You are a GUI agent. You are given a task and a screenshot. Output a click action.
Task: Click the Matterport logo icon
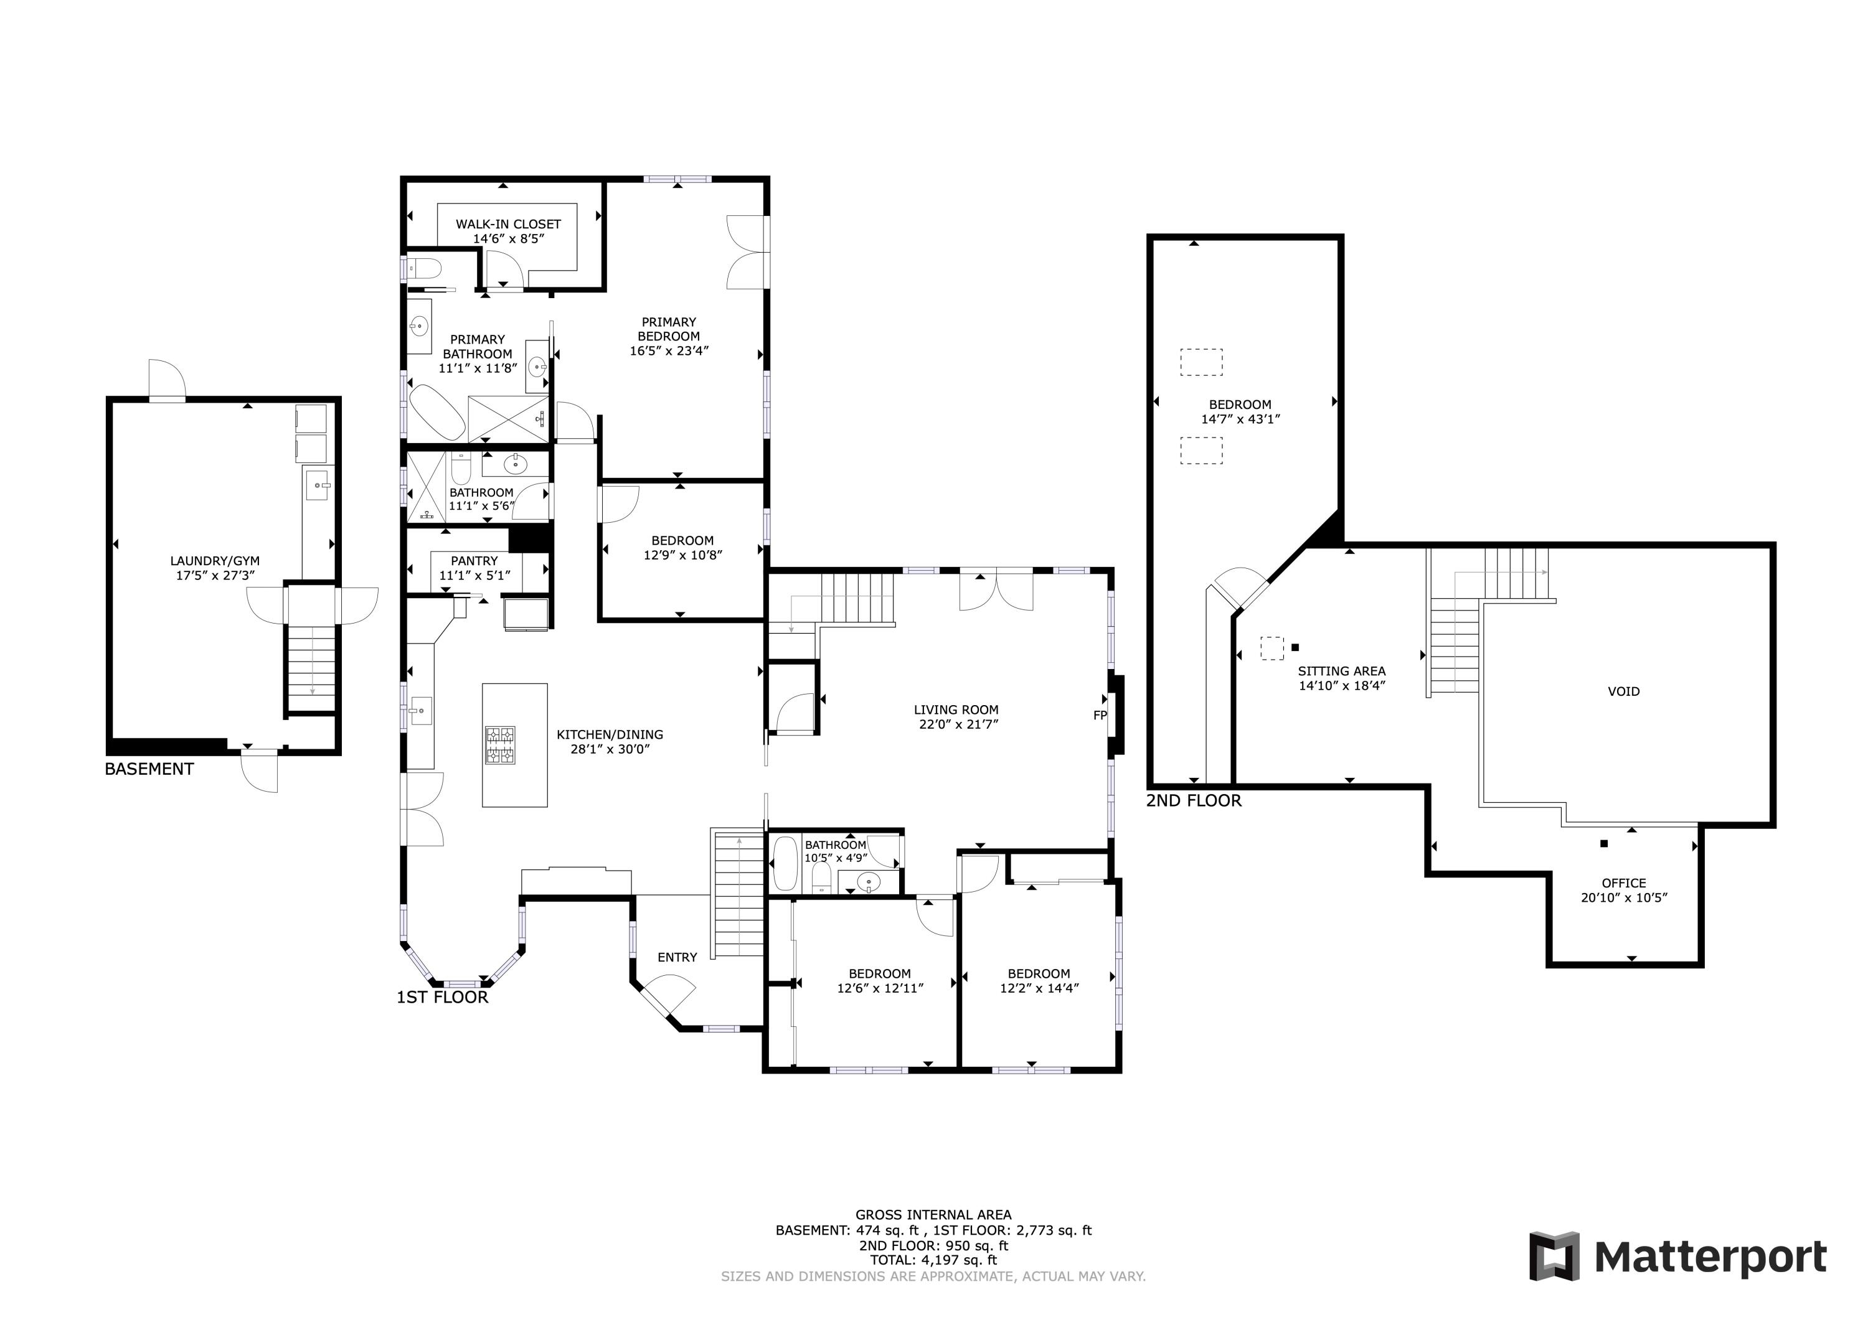click(x=1554, y=1257)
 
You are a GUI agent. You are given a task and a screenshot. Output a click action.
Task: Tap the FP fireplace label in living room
click(x=1099, y=716)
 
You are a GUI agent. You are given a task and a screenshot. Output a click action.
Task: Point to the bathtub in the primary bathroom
click(x=436, y=411)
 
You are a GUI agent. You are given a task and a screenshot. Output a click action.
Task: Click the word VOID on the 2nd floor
click(x=1623, y=691)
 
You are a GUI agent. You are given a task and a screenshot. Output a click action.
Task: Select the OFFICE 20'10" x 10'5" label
click(x=1623, y=891)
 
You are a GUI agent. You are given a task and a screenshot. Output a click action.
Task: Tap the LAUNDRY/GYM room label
click(x=215, y=568)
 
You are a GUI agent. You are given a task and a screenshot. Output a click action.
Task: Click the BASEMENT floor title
click(x=149, y=769)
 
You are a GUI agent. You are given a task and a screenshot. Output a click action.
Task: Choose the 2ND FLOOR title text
click(x=1194, y=801)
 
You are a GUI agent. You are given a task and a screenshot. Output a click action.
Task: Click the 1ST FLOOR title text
click(x=441, y=998)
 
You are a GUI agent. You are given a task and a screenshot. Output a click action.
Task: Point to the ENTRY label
click(x=677, y=957)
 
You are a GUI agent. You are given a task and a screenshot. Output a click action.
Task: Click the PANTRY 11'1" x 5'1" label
click(x=474, y=568)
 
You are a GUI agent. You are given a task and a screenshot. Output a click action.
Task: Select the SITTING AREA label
click(x=1342, y=678)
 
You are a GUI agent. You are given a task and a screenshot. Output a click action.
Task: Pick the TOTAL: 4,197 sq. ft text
click(x=933, y=1260)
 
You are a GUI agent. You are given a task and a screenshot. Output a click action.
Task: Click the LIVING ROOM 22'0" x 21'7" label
click(x=955, y=716)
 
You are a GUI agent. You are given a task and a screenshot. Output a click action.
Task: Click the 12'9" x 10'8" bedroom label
click(x=682, y=548)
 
